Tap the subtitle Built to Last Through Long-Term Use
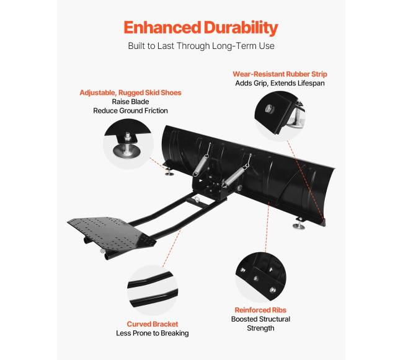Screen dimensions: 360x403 (x=201, y=46)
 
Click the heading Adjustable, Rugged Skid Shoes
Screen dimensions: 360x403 (x=130, y=93)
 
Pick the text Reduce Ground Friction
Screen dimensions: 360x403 (x=130, y=112)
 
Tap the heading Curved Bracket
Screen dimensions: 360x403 (x=153, y=324)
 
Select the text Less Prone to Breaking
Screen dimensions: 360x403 (x=153, y=333)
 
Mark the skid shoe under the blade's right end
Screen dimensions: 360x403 (x=301, y=224)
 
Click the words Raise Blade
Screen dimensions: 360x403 (x=130, y=102)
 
